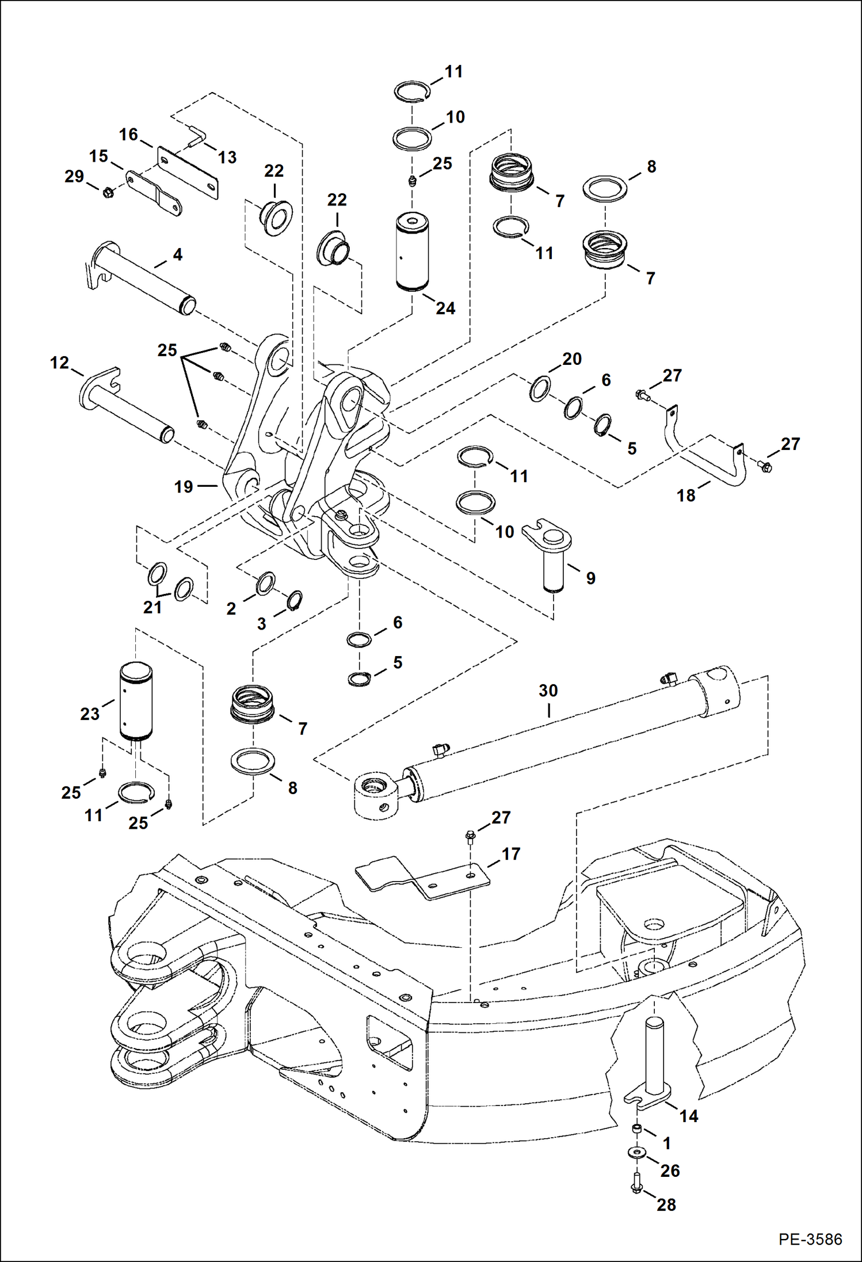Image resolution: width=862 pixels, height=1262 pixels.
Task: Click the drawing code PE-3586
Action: pyautogui.click(x=810, y=1239)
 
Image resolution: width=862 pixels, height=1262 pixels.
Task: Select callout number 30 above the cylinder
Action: pyautogui.click(x=548, y=691)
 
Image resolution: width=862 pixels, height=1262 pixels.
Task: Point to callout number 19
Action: pyautogui.click(x=184, y=487)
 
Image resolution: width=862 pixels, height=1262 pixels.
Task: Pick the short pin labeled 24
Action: pyautogui.click(x=412, y=253)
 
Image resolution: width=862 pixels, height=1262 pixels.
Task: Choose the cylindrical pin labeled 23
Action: pyautogui.click(x=136, y=701)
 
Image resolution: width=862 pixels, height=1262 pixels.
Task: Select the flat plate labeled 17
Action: pyautogui.click(x=423, y=878)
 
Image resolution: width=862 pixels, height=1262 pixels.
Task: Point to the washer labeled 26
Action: pyautogui.click(x=636, y=1152)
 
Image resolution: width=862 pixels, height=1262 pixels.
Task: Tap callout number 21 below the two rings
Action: pyautogui.click(x=152, y=607)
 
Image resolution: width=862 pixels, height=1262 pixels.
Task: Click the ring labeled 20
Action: pyautogui.click(x=540, y=389)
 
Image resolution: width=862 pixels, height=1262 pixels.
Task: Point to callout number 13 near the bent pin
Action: pyautogui.click(x=227, y=157)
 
